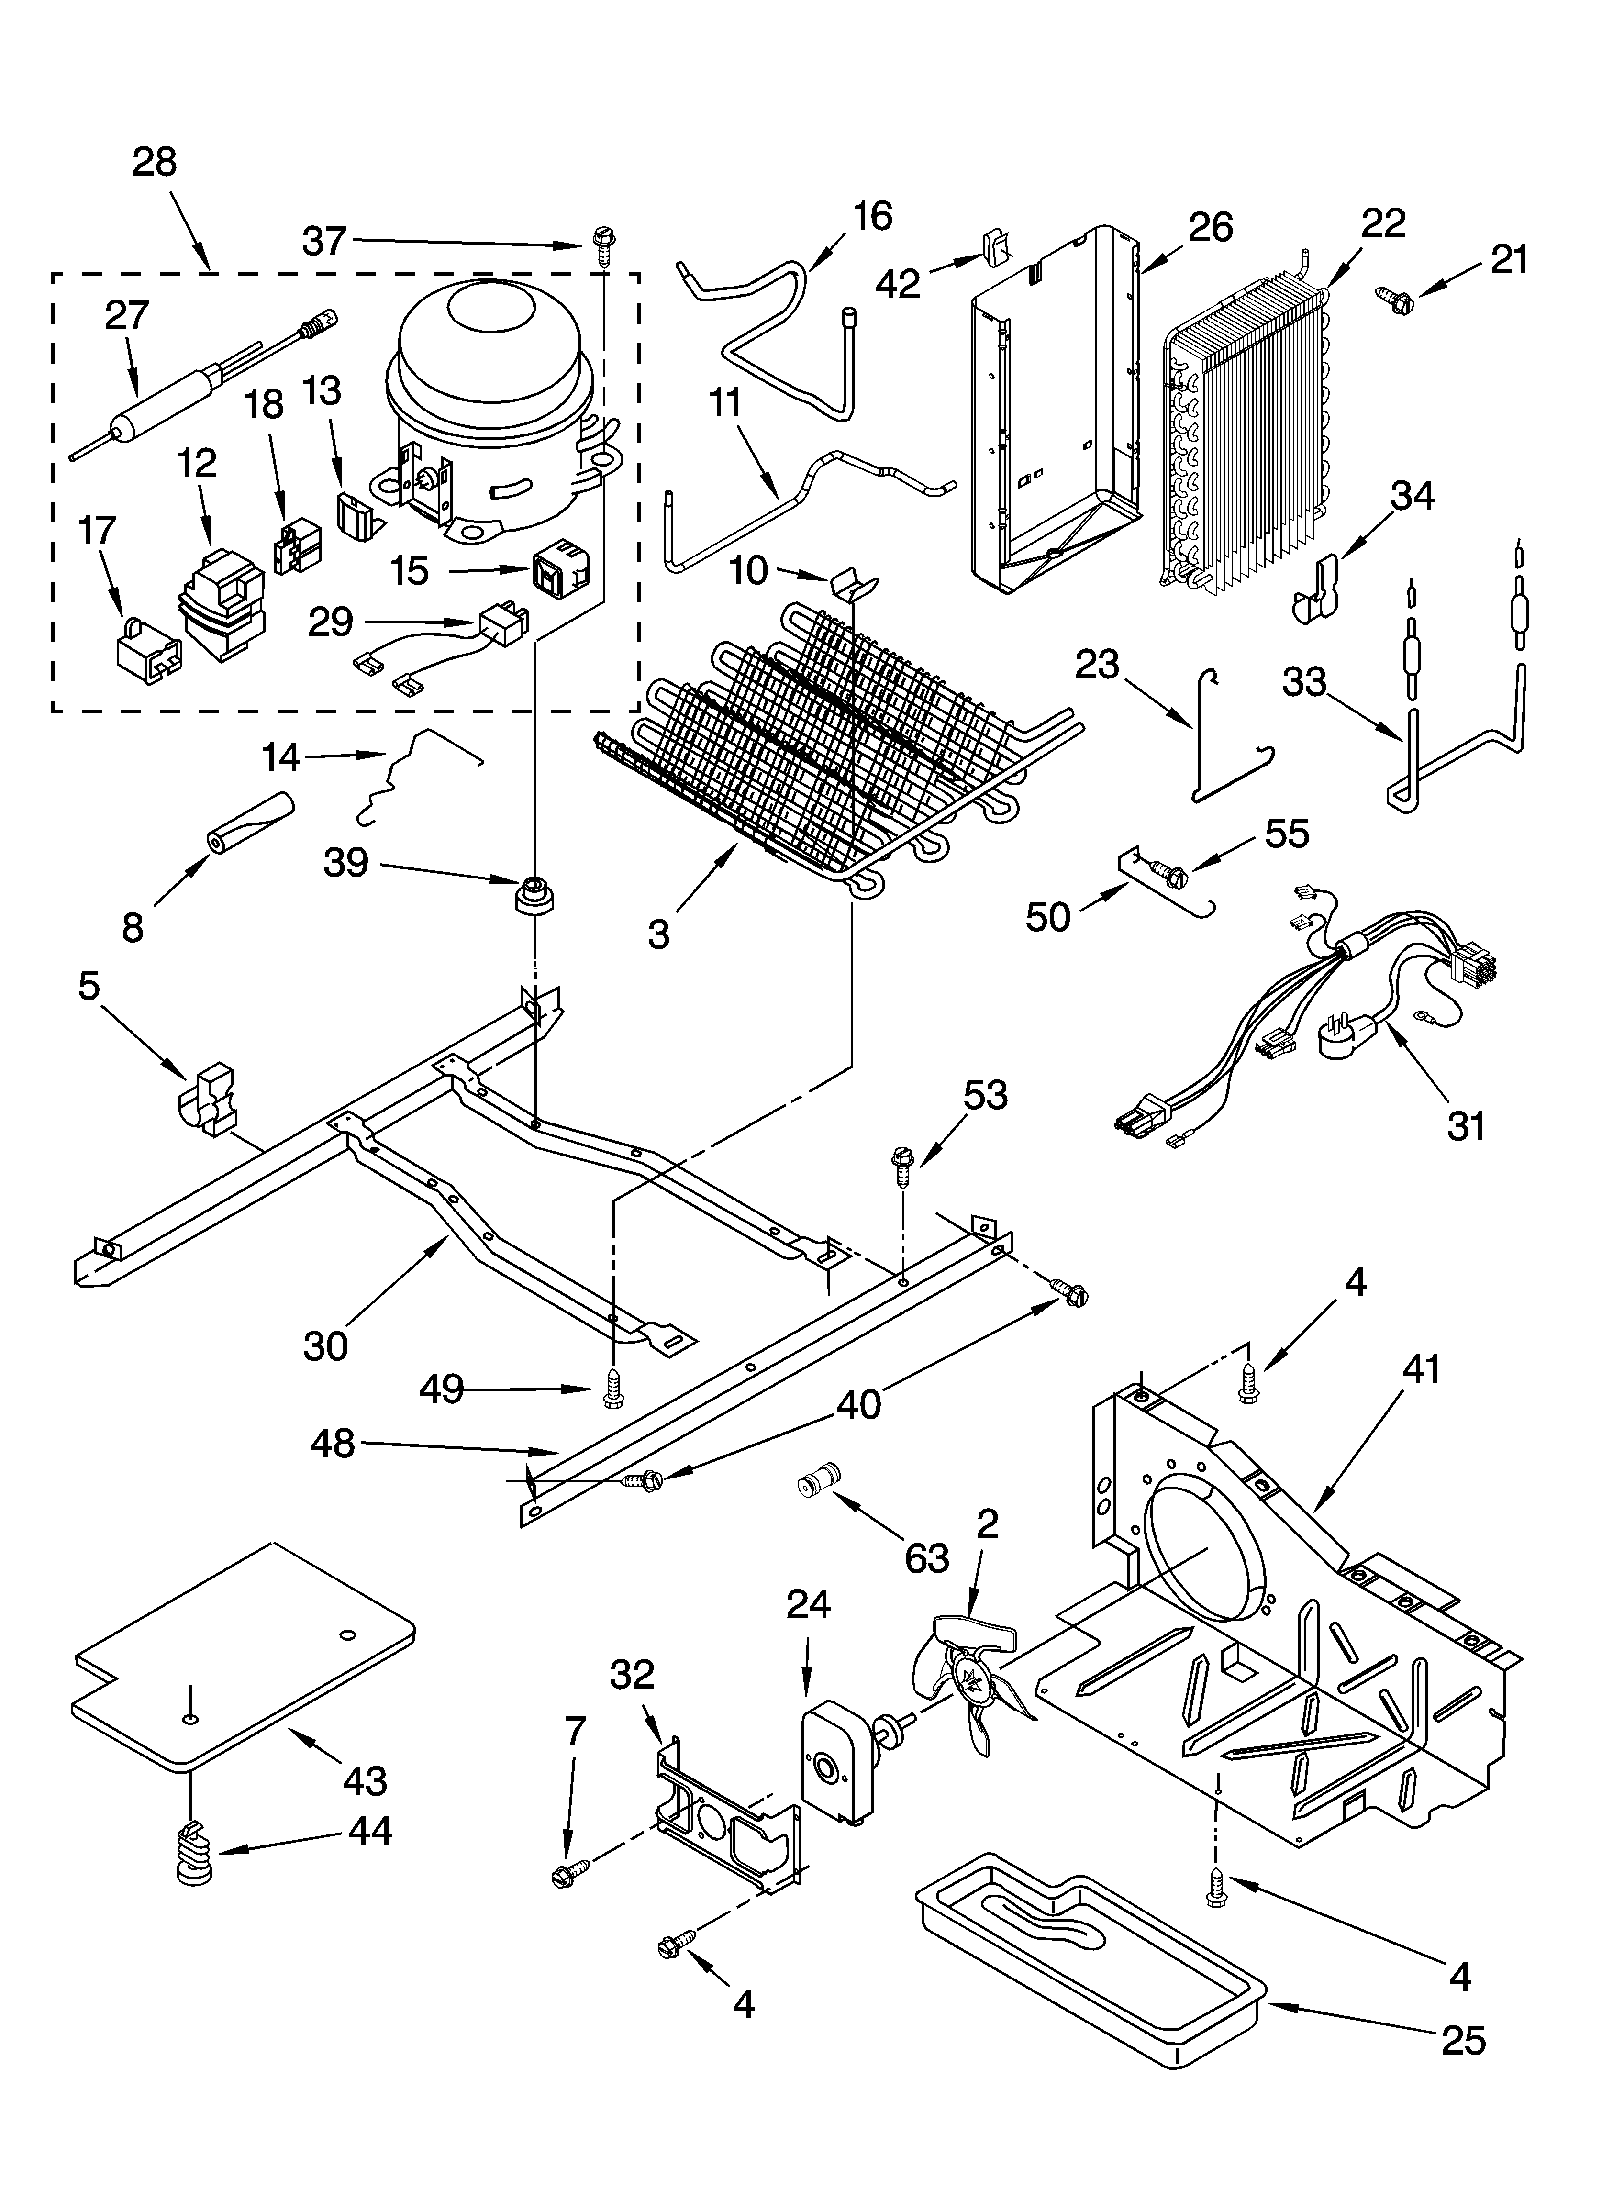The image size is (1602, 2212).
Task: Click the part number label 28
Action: coord(154,162)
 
